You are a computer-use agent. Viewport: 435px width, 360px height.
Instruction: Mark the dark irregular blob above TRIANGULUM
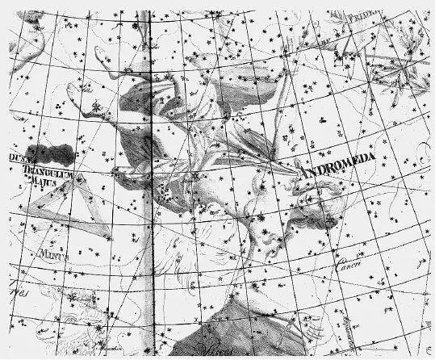(x=50, y=153)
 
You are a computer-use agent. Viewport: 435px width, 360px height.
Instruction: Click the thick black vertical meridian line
(x=153, y=202)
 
